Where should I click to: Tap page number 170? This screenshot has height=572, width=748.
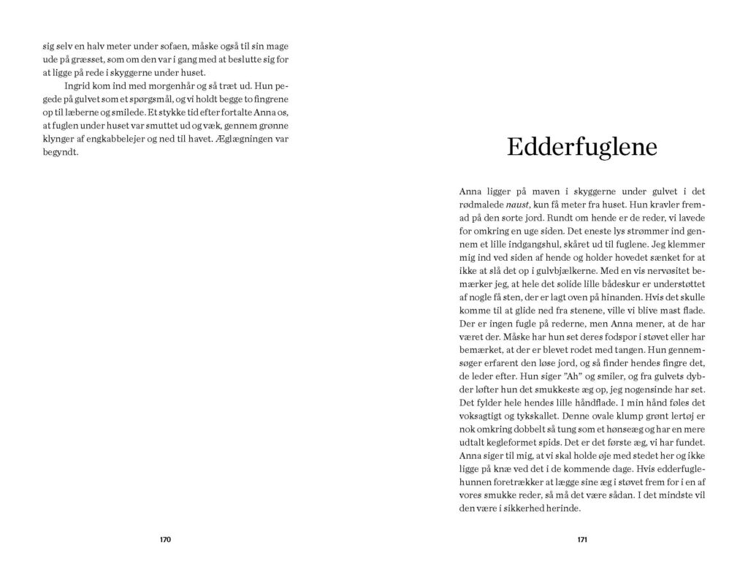click(x=165, y=540)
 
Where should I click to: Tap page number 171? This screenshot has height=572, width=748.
click(x=582, y=540)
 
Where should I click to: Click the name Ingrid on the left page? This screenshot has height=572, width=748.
click(x=77, y=85)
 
